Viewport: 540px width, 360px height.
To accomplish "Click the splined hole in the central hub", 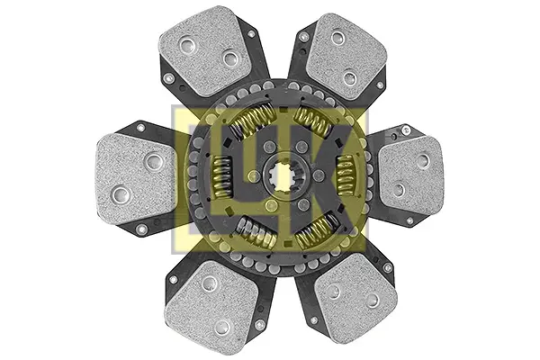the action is [x=283, y=175].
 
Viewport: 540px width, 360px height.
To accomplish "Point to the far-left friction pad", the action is [x=137, y=177].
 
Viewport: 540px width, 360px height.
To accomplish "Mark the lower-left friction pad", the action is [x=211, y=302].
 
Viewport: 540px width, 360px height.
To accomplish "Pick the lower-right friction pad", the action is [x=356, y=299].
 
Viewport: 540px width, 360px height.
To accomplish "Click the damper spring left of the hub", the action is [x=221, y=177].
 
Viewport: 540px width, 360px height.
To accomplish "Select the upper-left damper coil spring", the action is [x=251, y=121].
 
